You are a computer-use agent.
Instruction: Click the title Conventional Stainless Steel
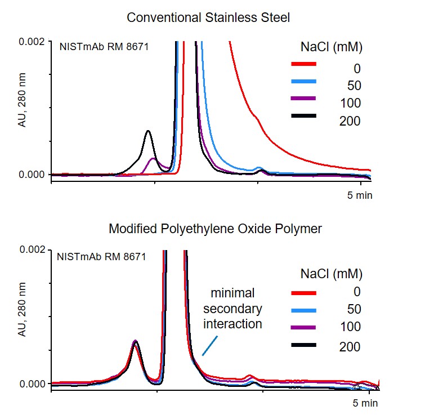[x=208, y=17]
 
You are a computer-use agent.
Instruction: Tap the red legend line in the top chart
[x=304, y=64]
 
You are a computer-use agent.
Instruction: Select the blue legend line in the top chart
[x=304, y=82]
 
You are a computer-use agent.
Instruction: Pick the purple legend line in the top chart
[x=304, y=99]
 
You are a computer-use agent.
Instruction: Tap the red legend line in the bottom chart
[x=304, y=293]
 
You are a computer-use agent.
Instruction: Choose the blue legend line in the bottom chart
[x=304, y=310]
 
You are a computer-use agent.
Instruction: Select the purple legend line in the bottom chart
[x=304, y=327]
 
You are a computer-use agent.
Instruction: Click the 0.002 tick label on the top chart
[x=33, y=42]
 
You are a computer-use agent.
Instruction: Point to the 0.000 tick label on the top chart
[x=33, y=175]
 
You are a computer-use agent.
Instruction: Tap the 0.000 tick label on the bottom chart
[x=33, y=384]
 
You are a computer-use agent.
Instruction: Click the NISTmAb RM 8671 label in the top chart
[x=104, y=47]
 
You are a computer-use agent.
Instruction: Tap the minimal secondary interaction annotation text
[x=232, y=309]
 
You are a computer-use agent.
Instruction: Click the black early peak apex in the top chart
[x=148, y=131]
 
